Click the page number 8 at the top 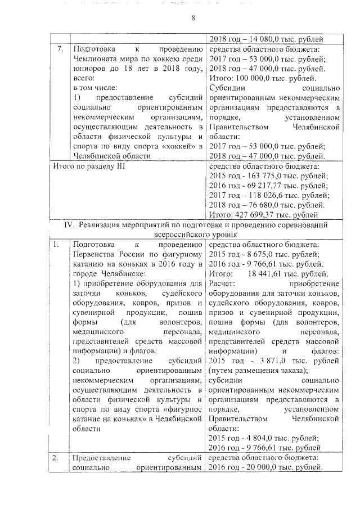click(x=192, y=18)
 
